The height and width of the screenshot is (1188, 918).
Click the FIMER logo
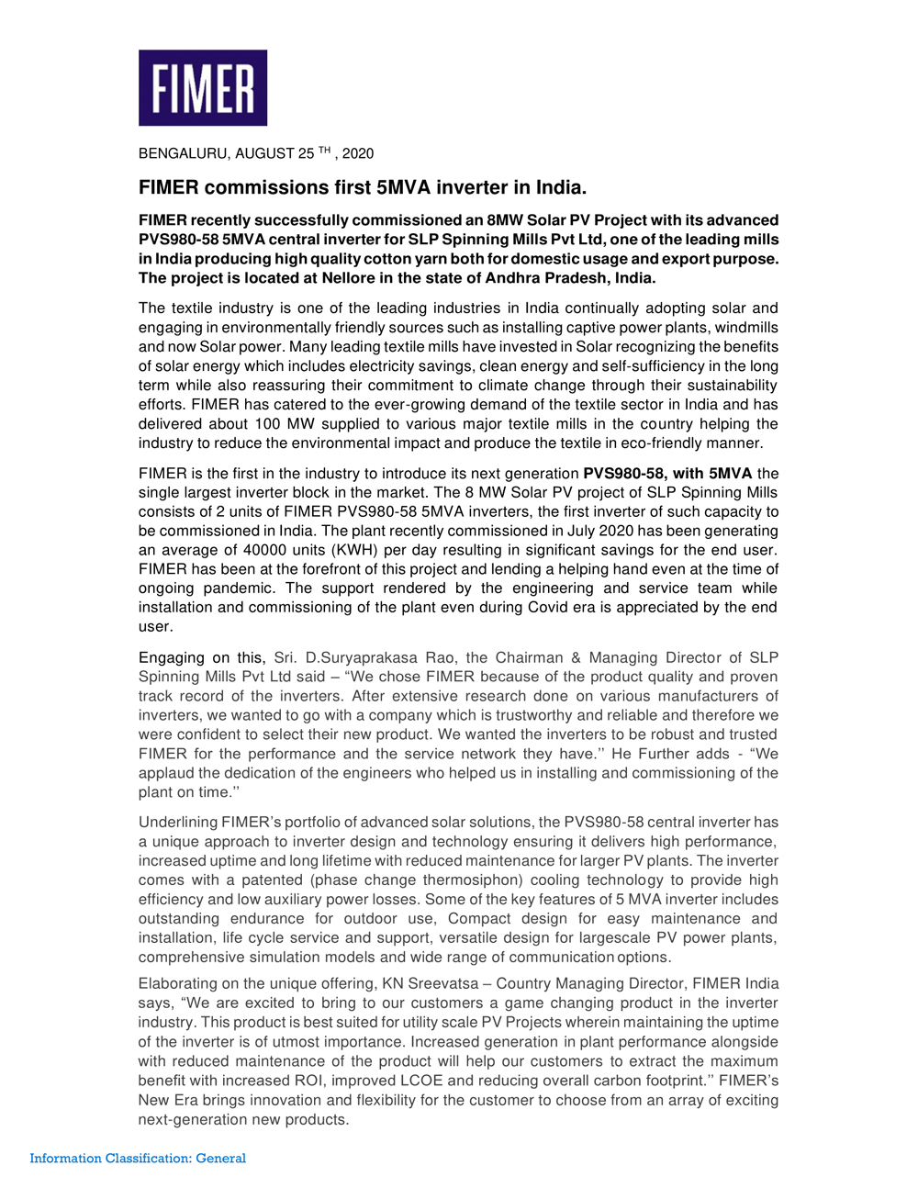[203, 88]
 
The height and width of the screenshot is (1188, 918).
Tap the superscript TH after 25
[324, 150]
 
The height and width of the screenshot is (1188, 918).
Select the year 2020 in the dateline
[358, 153]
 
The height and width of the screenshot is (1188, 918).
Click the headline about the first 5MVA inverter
[363, 187]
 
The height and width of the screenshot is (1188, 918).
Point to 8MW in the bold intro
[506, 220]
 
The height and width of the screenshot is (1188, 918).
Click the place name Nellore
[349, 278]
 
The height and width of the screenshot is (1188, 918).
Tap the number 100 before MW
[267, 424]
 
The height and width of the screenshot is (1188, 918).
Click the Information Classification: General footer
[138, 1159]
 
